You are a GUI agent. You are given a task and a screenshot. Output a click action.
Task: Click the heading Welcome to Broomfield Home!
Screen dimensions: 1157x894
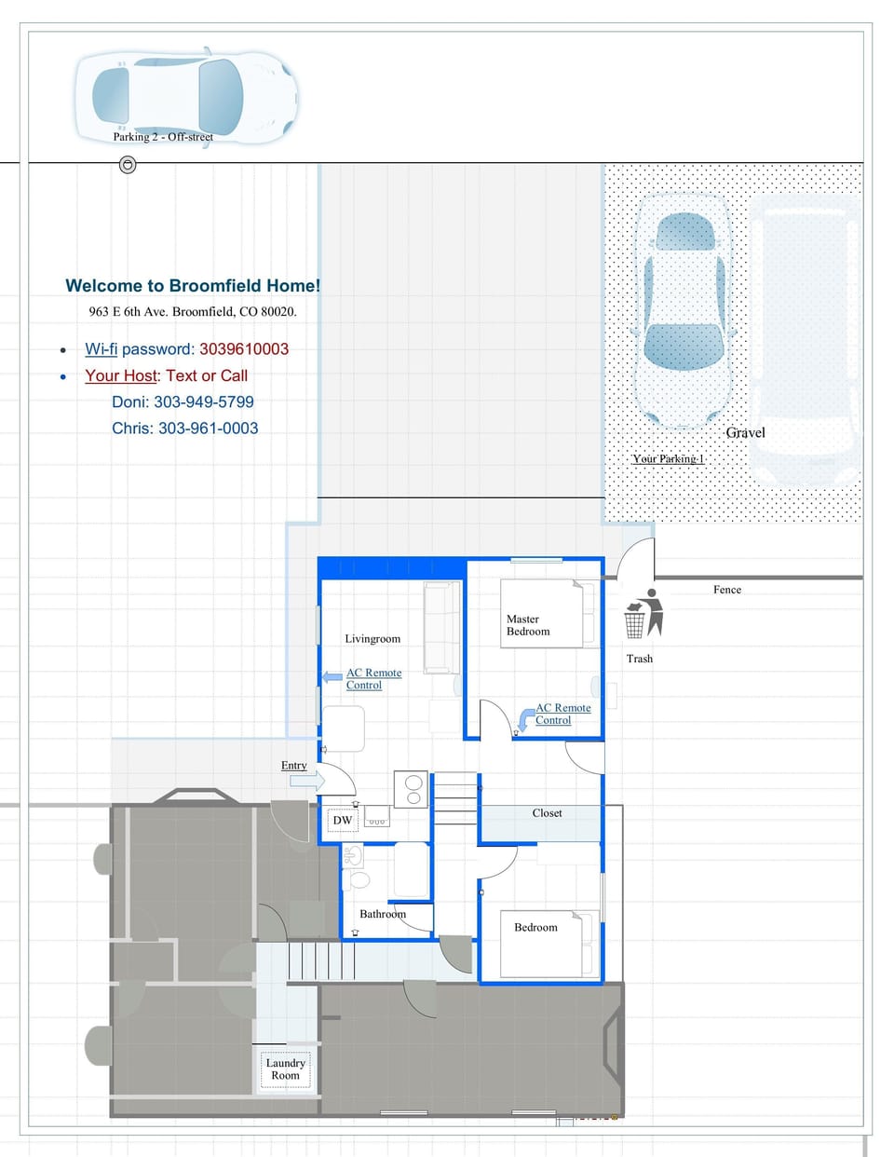tap(193, 286)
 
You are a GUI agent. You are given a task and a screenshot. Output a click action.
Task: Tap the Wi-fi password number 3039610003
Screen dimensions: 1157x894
tap(244, 349)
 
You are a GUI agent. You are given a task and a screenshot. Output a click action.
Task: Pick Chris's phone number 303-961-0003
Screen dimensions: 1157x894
tap(208, 429)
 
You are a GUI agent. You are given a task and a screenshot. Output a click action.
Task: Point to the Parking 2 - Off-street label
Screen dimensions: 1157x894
tap(163, 137)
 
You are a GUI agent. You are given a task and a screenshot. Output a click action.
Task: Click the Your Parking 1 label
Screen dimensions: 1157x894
tap(668, 458)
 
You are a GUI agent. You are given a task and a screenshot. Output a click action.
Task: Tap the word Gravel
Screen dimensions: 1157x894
tap(745, 433)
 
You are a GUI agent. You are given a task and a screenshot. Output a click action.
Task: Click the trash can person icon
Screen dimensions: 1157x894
tap(643, 613)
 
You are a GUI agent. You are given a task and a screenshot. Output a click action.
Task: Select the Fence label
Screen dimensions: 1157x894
tap(727, 590)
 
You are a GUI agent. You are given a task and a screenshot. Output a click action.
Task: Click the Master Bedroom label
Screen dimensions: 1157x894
tap(528, 625)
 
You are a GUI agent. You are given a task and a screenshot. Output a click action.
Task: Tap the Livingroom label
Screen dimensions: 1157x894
tap(372, 639)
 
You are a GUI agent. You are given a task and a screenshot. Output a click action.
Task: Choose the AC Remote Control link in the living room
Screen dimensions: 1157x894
tap(373, 679)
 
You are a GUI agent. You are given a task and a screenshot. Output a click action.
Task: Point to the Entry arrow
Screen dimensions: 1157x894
tap(306, 781)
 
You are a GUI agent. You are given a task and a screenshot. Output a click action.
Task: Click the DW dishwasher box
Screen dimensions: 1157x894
tap(343, 821)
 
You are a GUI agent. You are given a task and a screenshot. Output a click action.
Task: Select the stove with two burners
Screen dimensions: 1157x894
tap(410, 789)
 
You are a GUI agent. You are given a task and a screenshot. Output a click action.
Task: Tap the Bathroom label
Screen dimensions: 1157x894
tap(383, 914)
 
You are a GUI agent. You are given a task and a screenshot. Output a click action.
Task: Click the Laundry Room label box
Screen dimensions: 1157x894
tap(285, 1069)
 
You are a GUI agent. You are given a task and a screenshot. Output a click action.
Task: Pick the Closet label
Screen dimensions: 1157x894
tap(547, 813)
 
